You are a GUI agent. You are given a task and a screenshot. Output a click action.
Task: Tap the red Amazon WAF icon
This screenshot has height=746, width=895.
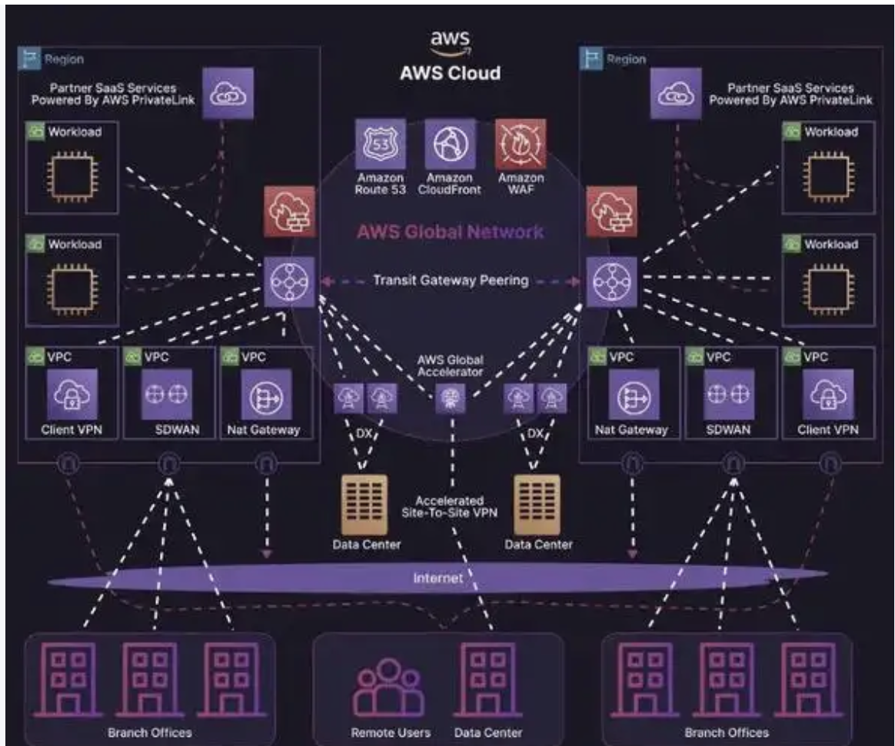(521, 144)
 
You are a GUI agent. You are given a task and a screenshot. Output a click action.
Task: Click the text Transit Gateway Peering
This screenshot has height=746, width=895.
(450, 281)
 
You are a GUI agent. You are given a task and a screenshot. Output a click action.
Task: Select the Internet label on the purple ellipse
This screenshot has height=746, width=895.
(439, 578)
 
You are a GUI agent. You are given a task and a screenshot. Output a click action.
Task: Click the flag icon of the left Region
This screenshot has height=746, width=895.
(31, 58)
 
